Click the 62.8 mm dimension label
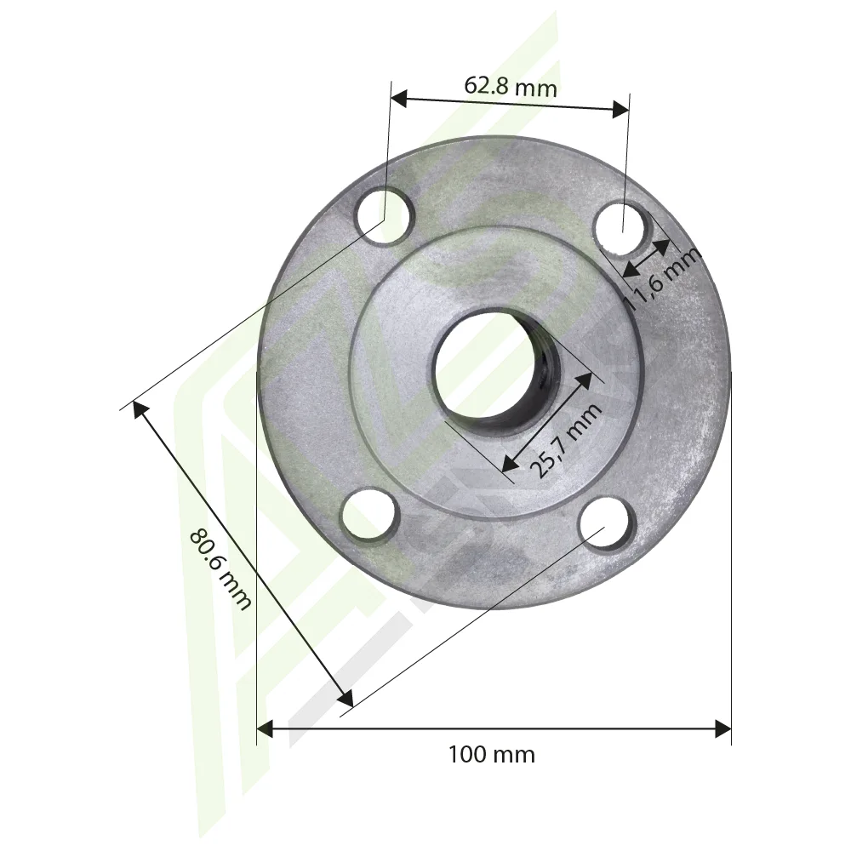pyautogui.click(x=510, y=86)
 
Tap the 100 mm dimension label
pyautogui.click(x=491, y=755)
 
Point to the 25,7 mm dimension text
pyautogui.click(x=568, y=440)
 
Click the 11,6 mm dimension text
pyautogui.click(x=661, y=278)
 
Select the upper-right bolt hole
pyautogui.click(x=622, y=227)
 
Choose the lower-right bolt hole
pyautogui.click(x=607, y=523)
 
